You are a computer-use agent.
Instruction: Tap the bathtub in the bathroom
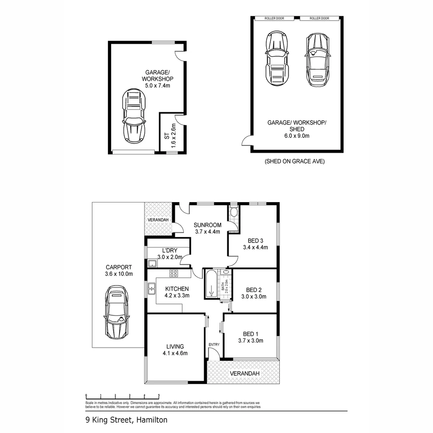pos(211,284)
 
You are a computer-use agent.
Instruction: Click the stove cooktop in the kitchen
pos(174,274)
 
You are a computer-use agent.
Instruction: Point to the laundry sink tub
pos(152,263)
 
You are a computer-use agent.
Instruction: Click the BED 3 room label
pos(255,241)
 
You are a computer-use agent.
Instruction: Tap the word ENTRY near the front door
pos(214,345)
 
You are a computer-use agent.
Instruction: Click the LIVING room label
pos(175,346)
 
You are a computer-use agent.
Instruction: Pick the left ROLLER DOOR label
pos(275,18)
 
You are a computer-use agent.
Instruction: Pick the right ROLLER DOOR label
pos(320,18)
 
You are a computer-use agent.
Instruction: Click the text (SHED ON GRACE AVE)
pos(294,162)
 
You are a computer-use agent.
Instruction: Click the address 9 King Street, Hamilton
pos(126,420)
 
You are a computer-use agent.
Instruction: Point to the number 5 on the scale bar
pos(159,396)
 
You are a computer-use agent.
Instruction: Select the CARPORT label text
pos(119,267)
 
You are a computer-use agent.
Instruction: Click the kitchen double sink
pos(152,287)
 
